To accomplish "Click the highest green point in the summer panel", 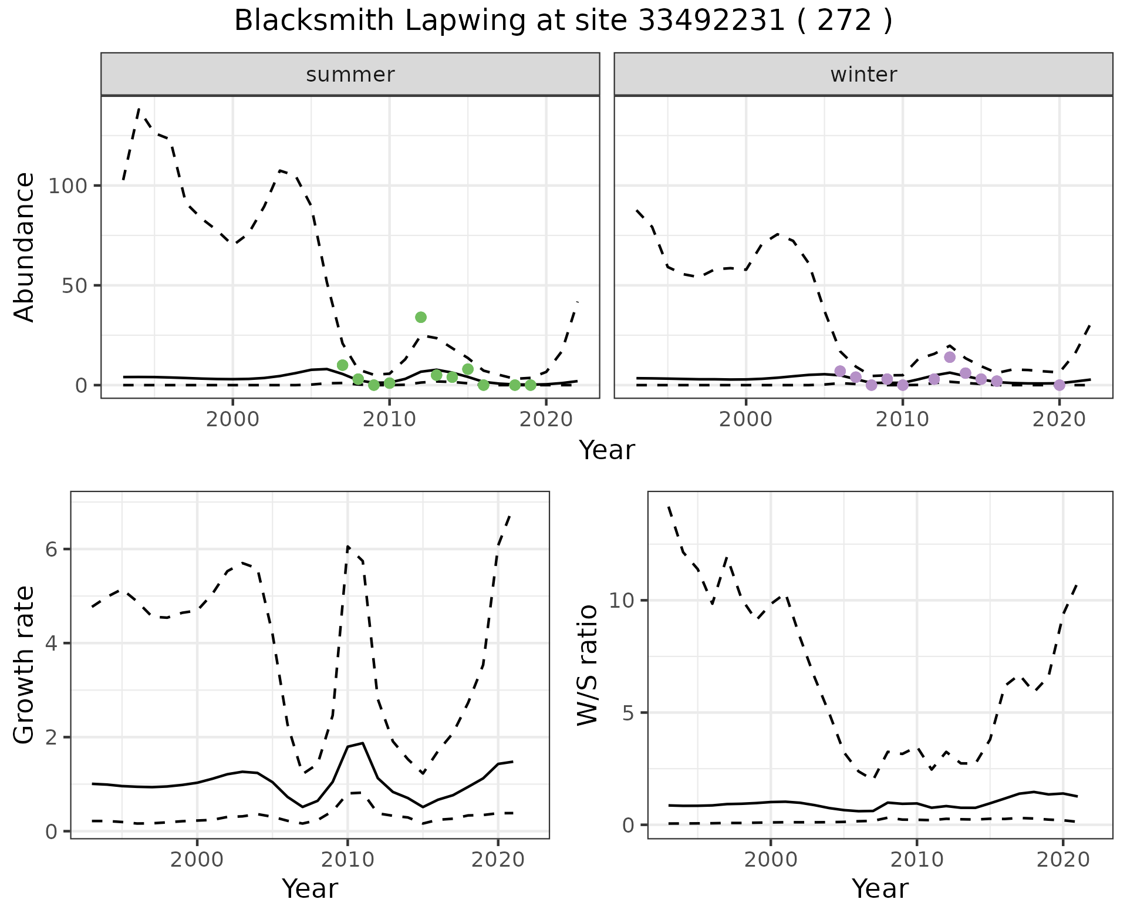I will click(420, 317).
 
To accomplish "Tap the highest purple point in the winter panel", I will click(950, 357).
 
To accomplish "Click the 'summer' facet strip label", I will click(350, 75).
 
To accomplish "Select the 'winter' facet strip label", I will click(863, 75).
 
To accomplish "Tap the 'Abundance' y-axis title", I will click(25, 247).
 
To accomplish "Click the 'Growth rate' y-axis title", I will click(25, 665).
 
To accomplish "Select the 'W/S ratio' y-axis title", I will click(587, 665).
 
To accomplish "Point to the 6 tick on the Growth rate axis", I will click(53, 550).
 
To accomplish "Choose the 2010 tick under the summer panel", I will click(389, 420).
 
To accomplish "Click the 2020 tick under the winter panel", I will click(1059, 420).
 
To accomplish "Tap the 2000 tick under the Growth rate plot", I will click(197, 860).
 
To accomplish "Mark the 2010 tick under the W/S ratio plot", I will click(917, 860).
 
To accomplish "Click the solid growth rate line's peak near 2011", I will click(363, 743).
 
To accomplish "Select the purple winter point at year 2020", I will click(1059, 385).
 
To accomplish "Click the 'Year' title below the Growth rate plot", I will click(310, 889).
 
